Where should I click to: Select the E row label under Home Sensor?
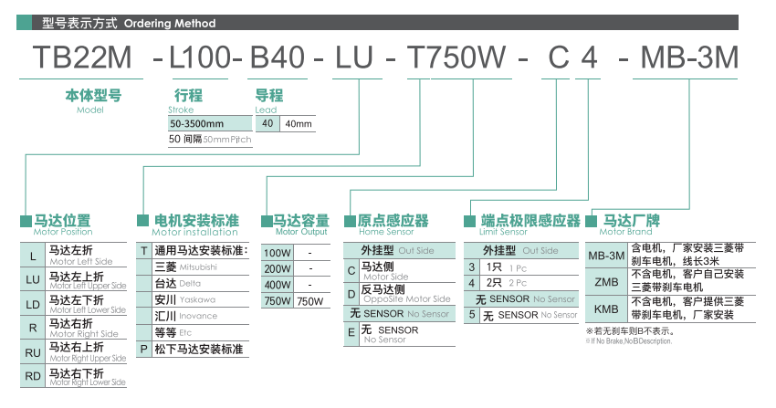coord(351,334)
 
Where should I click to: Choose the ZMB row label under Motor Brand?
coord(605,281)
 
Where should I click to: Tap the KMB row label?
coord(605,309)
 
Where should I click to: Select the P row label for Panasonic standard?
coord(143,349)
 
